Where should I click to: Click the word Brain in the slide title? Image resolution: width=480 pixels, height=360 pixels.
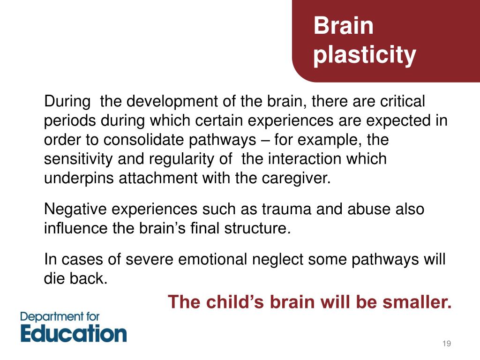(x=344, y=26)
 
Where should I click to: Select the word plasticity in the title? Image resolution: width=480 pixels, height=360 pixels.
(x=364, y=55)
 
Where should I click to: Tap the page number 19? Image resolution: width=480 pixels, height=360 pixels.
(x=446, y=344)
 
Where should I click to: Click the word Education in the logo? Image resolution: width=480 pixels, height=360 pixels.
(x=74, y=333)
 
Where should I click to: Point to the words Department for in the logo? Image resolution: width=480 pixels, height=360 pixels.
(x=60, y=316)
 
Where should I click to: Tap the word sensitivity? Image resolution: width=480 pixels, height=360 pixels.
(x=77, y=159)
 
